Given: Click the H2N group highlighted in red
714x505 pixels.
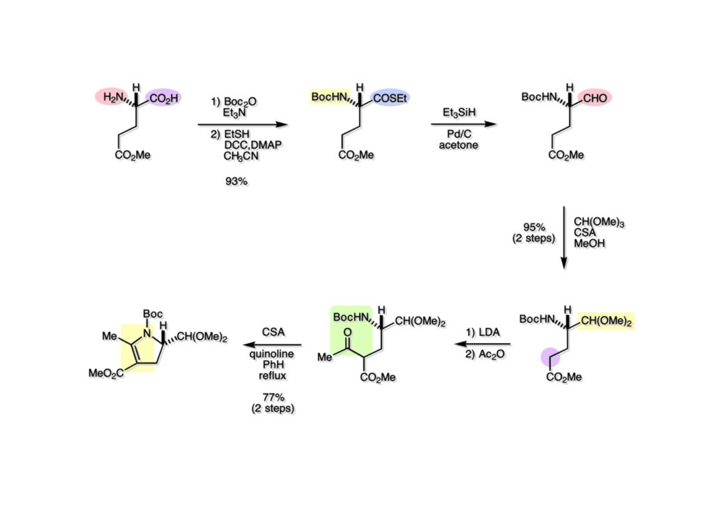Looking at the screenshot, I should [x=114, y=98].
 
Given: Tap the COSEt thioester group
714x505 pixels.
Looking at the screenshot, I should [x=391, y=98].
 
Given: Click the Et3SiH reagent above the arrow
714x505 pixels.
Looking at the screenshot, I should [x=458, y=112].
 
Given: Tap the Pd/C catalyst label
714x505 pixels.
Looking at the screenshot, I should [x=458, y=135].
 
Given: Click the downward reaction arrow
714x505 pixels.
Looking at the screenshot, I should [x=563, y=237].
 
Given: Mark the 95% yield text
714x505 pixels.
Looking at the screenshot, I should [x=538, y=227].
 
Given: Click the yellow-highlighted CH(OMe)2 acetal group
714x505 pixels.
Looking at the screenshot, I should [x=607, y=320].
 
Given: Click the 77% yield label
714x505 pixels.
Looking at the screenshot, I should [x=271, y=398].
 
